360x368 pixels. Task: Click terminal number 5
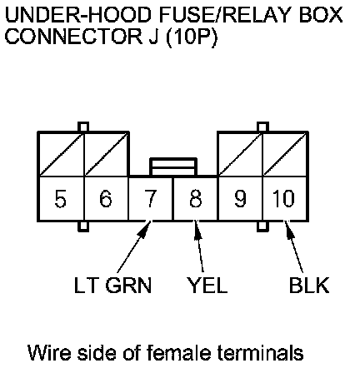click(x=61, y=199)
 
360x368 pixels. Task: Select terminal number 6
click(x=106, y=199)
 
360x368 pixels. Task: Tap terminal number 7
click(x=150, y=199)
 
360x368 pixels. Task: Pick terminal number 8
click(x=196, y=199)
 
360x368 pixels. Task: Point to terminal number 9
click(x=240, y=199)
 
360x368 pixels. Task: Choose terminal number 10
click(x=283, y=199)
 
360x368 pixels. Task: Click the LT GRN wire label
click(x=112, y=285)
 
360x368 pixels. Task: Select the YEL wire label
click(x=207, y=285)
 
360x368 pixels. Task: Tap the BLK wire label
click(x=309, y=285)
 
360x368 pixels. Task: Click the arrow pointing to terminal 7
click(x=135, y=246)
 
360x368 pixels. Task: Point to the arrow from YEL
click(x=199, y=246)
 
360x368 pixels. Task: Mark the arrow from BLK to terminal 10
click(x=294, y=246)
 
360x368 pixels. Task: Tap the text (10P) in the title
click(x=191, y=37)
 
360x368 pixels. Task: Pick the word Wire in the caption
click(x=51, y=352)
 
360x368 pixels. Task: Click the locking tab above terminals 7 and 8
click(x=173, y=167)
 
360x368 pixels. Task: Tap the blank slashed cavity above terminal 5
click(x=61, y=154)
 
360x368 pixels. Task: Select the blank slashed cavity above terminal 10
click(x=285, y=154)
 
